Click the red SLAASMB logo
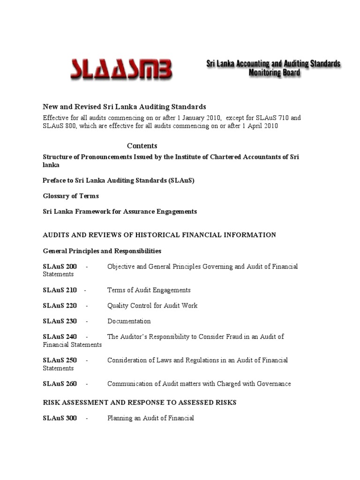(121, 69)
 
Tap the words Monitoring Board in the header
(274, 73)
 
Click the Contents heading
(142, 146)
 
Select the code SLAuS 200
(60, 267)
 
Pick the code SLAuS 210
(60, 290)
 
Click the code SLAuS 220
(60, 306)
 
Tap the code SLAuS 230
(60, 321)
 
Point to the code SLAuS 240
(60, 337)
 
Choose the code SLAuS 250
(60, 360)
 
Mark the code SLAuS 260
(60, 383)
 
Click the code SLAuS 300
(60, 418)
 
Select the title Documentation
(129, 321)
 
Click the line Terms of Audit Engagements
(149, 290)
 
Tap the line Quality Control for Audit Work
(152, 306)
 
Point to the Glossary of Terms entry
(71, 196)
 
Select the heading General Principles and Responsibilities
(102, 251)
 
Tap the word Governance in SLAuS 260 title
(273, 383)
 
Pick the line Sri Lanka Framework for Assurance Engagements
(120, 211)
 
